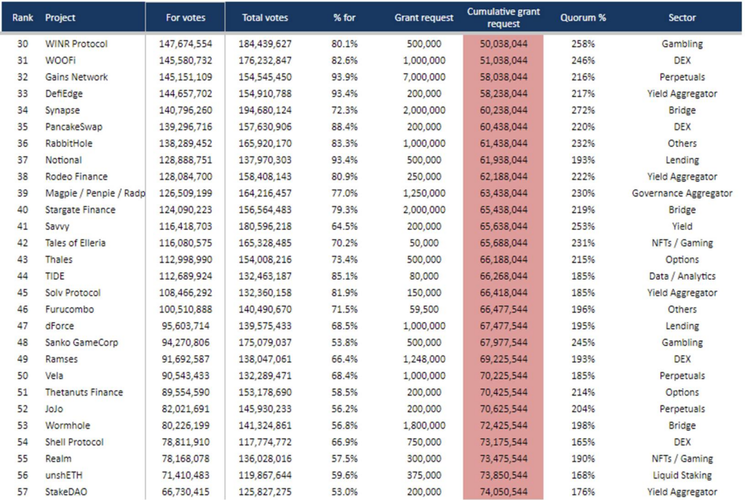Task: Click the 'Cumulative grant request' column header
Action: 503,17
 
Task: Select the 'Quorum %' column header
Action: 583,17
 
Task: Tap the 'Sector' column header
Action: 682,17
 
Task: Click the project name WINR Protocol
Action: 76,44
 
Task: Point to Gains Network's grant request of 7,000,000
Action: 424,77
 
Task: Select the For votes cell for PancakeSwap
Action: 186,126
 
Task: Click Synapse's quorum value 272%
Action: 583,110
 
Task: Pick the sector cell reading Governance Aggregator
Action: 682,193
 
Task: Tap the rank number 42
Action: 23,243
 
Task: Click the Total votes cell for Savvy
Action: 265,226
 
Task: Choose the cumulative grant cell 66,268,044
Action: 503,276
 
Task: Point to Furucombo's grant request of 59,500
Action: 424,310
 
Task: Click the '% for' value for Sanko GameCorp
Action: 344,342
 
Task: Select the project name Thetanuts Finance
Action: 84,392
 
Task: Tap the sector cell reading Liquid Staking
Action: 682,475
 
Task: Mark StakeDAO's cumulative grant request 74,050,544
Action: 503,492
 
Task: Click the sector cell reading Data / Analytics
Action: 682,276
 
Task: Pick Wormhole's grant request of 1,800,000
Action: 424,426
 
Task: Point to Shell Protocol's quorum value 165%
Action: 583,442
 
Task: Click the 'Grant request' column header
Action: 424,17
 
